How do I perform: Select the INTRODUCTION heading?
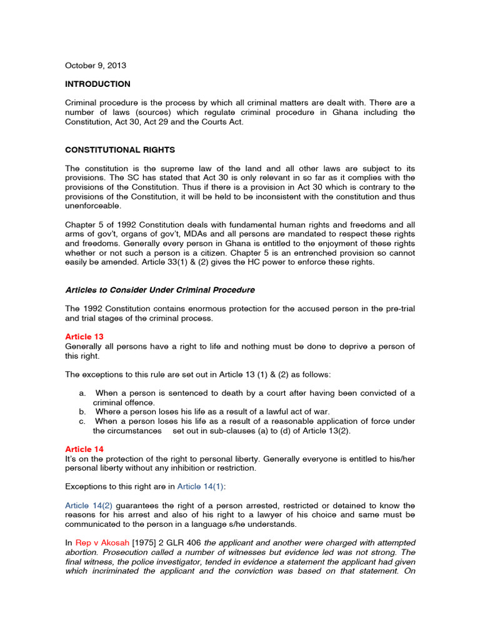pos(98,84)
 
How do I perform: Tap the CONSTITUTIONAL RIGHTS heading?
pos(120,150)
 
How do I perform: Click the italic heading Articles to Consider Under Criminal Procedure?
pos(160,290)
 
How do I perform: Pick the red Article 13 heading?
pos(84,337)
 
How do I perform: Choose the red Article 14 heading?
pos(84,449)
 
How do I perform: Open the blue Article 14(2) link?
pos(89,506)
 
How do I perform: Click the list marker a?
pos(82,393)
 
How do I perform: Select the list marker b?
pos(82,412)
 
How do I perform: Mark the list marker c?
pos(82,422)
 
